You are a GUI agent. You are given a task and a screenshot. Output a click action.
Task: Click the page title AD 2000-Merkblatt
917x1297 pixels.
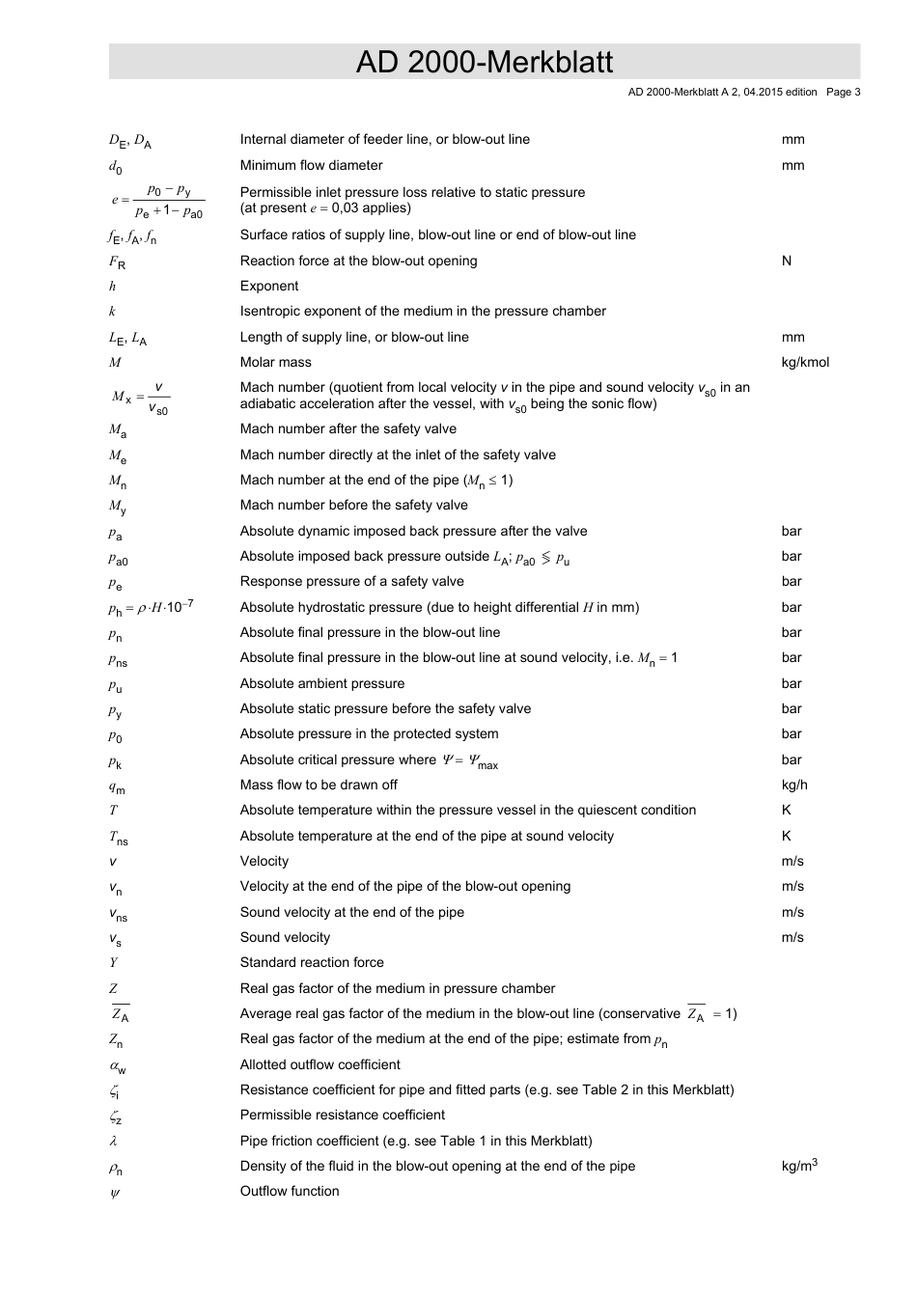(x=484, y=62)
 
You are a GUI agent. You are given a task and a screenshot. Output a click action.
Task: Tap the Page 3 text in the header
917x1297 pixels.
(x=843, y=93)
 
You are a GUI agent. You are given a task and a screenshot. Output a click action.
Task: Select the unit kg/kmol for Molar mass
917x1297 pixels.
(x=805, y=362)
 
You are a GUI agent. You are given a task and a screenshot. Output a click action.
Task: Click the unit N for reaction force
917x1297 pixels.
(x=787, y=261)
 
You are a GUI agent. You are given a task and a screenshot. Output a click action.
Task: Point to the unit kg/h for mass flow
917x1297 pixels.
(x=794, y=785)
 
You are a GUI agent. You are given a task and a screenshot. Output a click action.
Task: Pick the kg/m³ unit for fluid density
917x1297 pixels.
(x=799, y=1166)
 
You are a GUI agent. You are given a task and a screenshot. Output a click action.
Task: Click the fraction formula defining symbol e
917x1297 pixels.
(x=157, y=201)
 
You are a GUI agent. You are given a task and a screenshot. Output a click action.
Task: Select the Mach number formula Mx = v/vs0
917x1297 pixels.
(x=141, y=397)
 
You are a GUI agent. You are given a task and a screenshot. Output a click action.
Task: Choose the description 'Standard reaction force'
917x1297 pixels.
(x=312, y=962)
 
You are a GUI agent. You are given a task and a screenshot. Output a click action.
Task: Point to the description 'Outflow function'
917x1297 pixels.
(x=290, y=1191)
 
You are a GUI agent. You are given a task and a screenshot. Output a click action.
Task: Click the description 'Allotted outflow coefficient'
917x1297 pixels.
(x=320, y=1064)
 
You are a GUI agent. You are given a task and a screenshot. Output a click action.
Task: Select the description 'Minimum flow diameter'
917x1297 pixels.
(x=311, y=165)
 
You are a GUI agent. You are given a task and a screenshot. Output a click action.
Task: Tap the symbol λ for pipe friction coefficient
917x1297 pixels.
(x=113, y=1141)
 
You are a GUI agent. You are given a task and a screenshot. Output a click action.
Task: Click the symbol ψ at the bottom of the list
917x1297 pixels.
(x=114, y=1192)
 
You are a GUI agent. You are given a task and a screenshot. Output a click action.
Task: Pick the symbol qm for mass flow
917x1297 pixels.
(x=116, y=786)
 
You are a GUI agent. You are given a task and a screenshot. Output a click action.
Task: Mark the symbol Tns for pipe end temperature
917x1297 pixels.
(x=118, y=838)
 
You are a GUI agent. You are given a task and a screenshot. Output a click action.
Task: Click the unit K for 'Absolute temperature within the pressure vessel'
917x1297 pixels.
(x=787, y=810)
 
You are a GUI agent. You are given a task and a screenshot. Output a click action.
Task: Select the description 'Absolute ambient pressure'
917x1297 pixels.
(x=322, y=683)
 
